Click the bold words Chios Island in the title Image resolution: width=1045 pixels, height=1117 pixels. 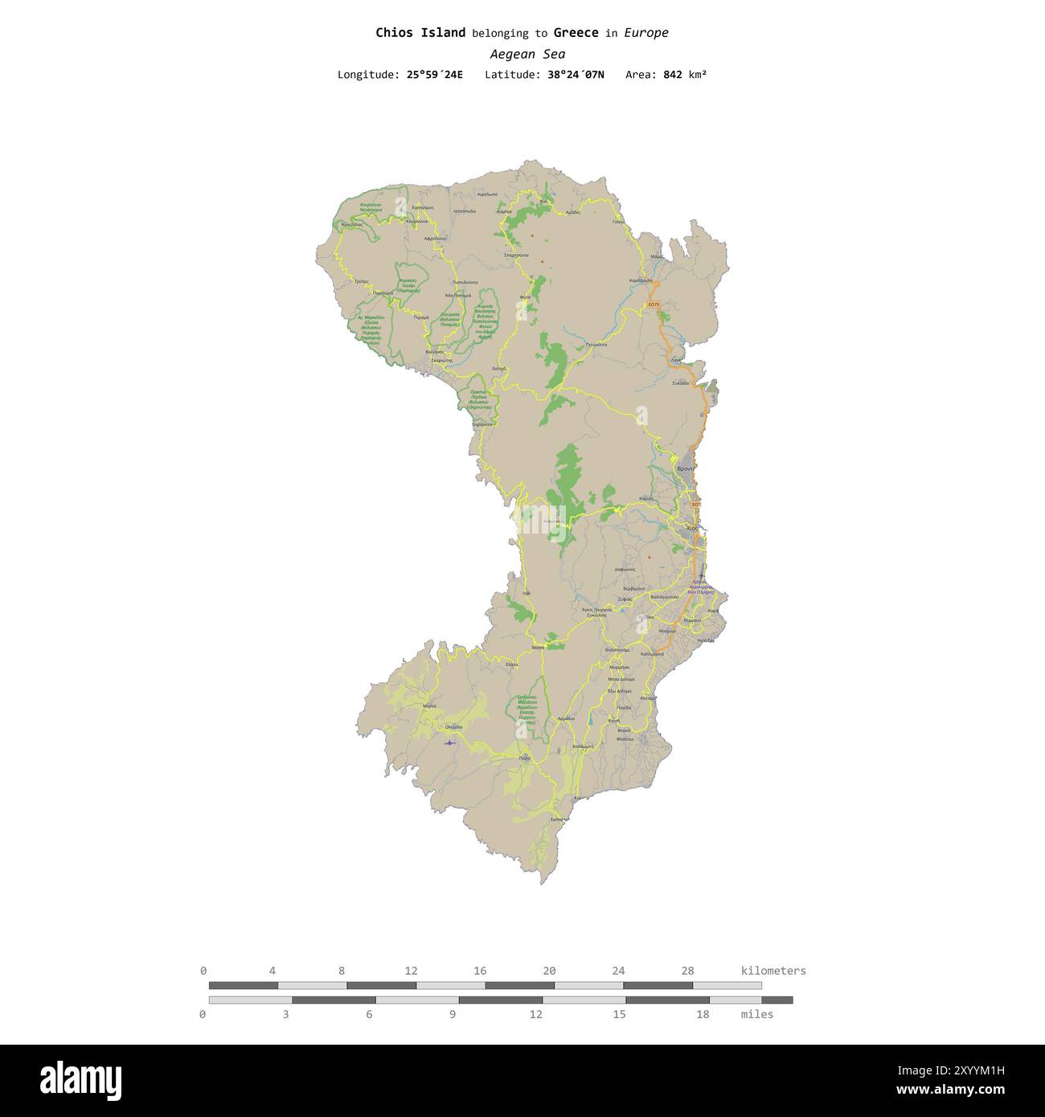pyautogui.click(x=420, y=33)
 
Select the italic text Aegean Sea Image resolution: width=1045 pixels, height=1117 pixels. pyautogui.click(x=527, y=55)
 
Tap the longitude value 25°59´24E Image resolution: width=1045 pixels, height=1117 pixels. pyautogui.click(x=434, y=75)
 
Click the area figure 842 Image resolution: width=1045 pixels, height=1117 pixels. pyautogui.click(x=673, y=75)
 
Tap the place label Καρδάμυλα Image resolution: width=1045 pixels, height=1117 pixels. pyautogui.click(x=641, y=280)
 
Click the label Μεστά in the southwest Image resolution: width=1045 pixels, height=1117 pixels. pyautogui.click(x=429, y=706)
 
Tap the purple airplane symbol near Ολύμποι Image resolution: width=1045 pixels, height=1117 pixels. pyautogui.click(x=449, y=743)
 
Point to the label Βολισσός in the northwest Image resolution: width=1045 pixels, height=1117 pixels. pyautogui.click(x=435, y=352)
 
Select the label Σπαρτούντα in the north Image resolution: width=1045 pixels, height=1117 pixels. pyautogui.click(x=515, y=255)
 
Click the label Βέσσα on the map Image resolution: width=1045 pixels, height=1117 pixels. pyautogui.click(x=538, y=647)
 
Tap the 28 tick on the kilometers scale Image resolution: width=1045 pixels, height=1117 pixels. pyautogui.click(x=686, y=971)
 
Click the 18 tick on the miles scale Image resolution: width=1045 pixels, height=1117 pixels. pyautogui.click(x=703, y=1014)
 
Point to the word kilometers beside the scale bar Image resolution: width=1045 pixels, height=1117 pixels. pyautogui.click(x=772, y=971)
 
